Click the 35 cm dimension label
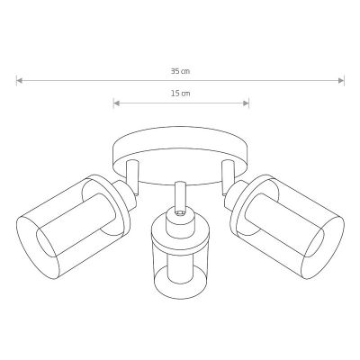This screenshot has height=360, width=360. (x=180, y=71)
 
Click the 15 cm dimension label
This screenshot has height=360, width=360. (x=181, y=94)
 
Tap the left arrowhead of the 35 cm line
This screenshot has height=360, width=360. (x=20, y=80)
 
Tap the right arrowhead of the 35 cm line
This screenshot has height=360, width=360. (x=341, y=80)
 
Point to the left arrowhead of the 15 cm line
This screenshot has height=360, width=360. (x=117, y=103)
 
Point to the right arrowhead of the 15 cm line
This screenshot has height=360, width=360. (x=246, y=103)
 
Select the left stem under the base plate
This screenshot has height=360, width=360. (x=132, y=177)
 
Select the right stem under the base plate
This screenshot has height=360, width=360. (x=228, y=176)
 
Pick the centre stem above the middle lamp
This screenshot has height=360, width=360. (x=180, y=195)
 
